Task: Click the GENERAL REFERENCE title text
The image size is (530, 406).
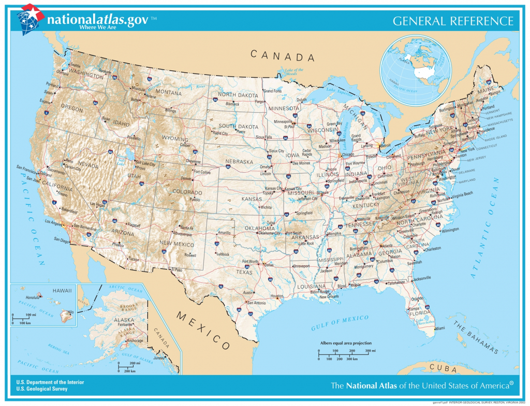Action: point(453,21)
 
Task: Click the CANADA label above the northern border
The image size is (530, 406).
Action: point(283,55)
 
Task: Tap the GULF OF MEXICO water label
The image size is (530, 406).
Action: point(340,323)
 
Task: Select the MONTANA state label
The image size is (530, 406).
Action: point(169,93)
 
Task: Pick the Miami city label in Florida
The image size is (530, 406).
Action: point(439,328)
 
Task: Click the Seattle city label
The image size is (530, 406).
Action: point(76,65)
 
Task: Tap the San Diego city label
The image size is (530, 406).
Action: point(61,239)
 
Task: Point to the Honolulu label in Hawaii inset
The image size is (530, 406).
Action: point(33,297)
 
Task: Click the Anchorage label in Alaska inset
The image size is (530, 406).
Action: point(135,341)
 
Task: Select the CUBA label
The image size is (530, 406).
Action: point(446,370)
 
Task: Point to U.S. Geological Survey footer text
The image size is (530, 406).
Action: point(42,389)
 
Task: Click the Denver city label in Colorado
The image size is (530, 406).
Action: point(185,178)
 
